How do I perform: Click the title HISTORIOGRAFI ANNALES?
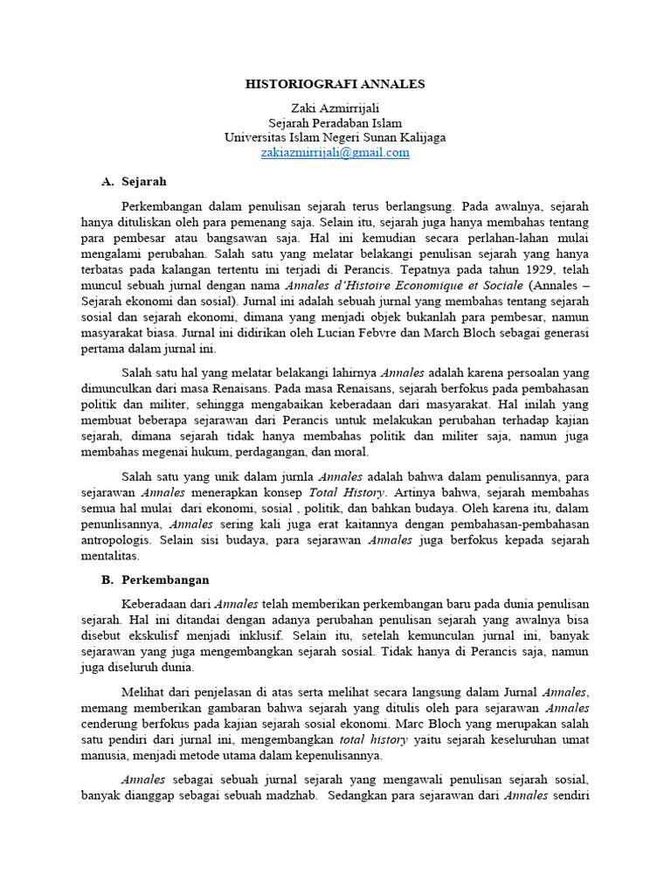coord(335,84)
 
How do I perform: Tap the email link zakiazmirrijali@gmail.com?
coord(335,152)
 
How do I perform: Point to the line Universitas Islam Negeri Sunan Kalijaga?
coord(335,137)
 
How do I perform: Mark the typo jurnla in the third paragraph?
coord(293,477)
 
